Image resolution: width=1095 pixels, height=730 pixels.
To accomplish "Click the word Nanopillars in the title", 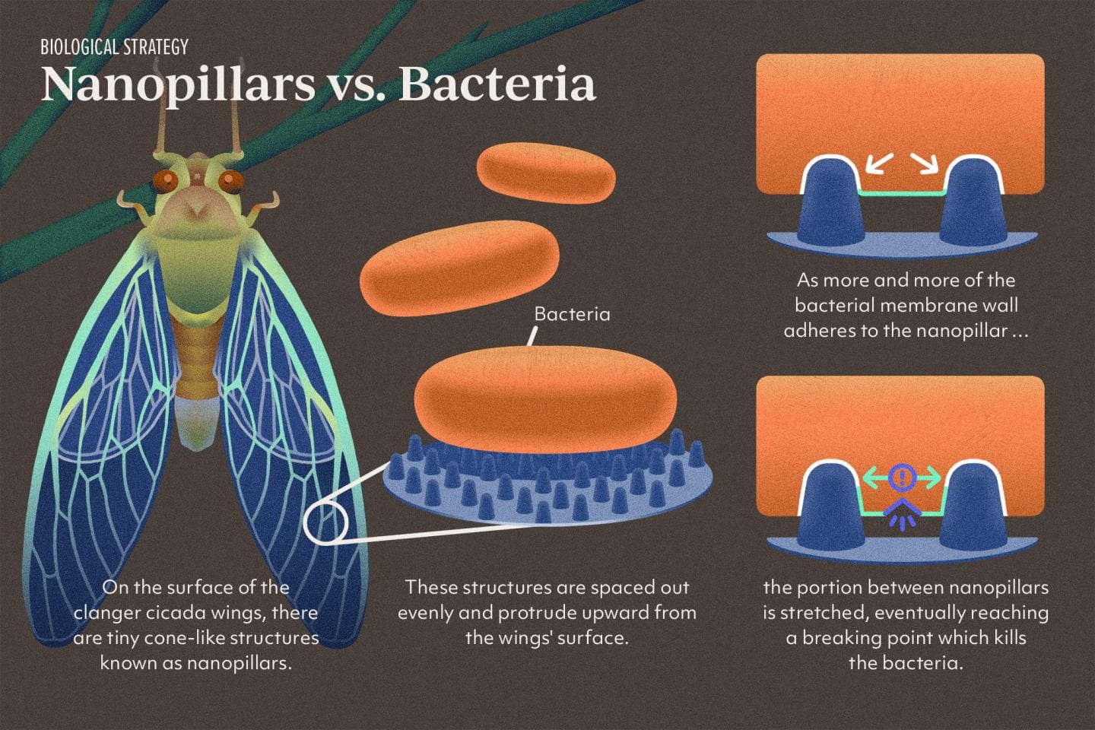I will tap(177, 84).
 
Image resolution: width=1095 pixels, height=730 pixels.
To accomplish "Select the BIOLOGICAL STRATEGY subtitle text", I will tap(114, 47).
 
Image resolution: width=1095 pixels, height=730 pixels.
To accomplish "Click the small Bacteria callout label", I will tap(572, 314).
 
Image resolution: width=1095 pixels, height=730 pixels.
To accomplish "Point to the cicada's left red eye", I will tap(164, 181).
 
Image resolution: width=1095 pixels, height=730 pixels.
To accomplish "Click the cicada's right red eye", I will tap(230, 181).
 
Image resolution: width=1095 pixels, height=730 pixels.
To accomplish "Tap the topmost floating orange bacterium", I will tap(545, 173).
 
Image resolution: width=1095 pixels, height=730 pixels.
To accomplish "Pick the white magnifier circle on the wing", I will tap(325, 521).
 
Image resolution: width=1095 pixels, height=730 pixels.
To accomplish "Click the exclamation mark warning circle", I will tap(902, 478).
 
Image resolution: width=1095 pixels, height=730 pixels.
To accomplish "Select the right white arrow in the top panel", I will tap(926, 163).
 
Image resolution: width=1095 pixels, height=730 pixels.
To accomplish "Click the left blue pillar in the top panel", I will tap(830, 201).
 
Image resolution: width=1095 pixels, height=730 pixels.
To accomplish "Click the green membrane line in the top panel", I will tap(902, 194).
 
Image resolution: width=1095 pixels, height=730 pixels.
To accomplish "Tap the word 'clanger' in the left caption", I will tap(106, 612).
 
